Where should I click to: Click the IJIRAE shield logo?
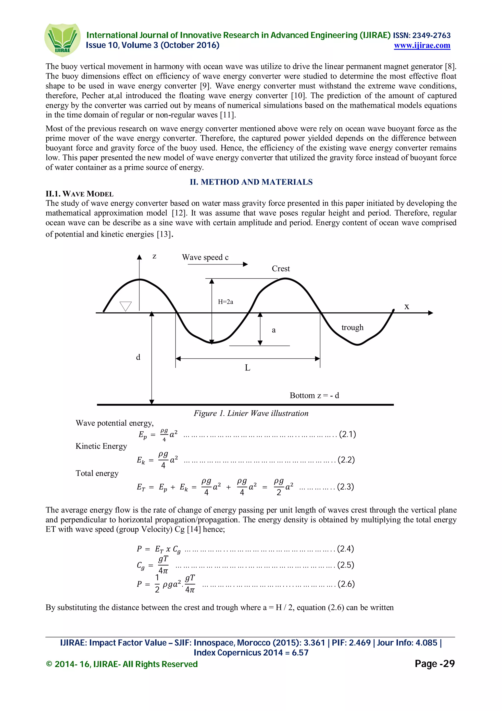pos(62,40)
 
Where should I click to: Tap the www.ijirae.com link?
pos(422,46)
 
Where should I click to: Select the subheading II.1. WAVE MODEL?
pos(79,194)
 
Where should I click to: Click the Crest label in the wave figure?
pos(281,268)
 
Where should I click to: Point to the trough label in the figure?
pos(352,327)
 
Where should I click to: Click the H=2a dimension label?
pos(225,302)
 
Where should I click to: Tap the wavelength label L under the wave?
pos(247,368)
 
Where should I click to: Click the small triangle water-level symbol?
pos(125,306)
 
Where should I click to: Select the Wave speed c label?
pos(205,257)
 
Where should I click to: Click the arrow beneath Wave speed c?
pos(217,264)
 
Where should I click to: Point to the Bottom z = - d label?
pos(314,395)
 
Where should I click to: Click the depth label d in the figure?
pos(138,357)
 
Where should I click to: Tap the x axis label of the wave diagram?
pos(406,307)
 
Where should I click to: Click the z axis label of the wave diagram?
pos(154,256)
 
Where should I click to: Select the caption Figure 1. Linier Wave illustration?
pos(251,413)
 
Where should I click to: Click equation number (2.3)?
pos(345,487)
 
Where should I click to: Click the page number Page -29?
pos(434,663)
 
